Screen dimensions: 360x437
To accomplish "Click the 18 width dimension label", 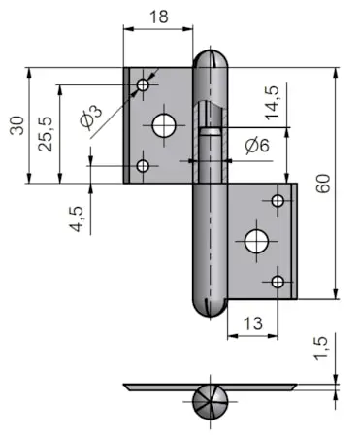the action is (159, 17).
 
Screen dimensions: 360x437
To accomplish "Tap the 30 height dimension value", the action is (16, 125).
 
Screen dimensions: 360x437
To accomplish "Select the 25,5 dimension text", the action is (45, 134).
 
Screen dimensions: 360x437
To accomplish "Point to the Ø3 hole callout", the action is (91, 117).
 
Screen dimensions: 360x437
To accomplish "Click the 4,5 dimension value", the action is (77, 218).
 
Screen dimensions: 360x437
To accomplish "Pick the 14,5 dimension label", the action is (272, 103).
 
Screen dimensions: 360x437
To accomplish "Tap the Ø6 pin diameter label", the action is (257, 146).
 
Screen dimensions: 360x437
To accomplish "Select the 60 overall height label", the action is (323, 184).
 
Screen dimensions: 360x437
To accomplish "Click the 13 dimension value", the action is (253, 323).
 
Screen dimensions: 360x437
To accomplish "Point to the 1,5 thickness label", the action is (320, 349).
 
